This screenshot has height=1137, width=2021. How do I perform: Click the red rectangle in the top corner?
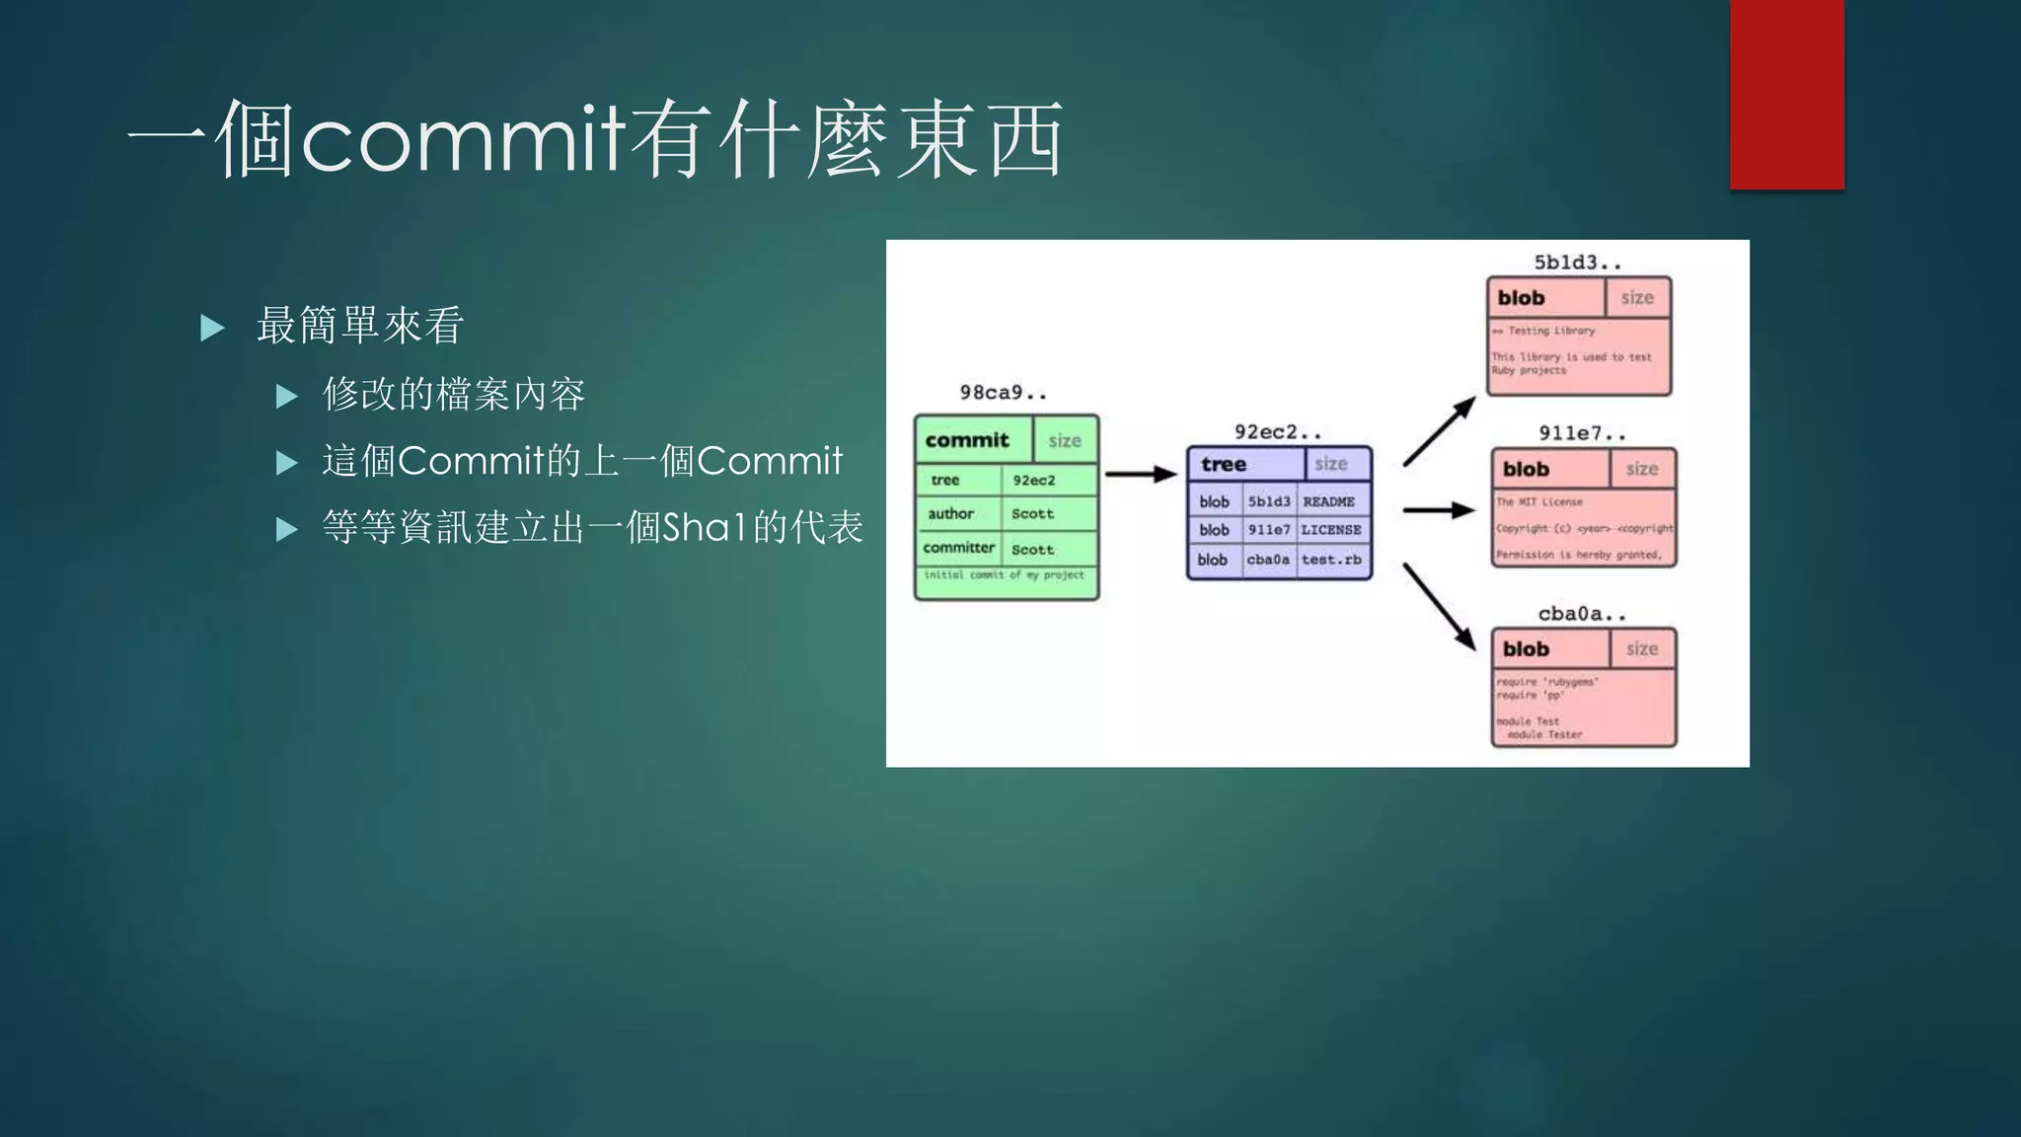[x=1786, y=94]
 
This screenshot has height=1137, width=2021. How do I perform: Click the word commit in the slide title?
[x=463, y=139]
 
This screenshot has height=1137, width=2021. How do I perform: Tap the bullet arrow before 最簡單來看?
[x=212, y=328]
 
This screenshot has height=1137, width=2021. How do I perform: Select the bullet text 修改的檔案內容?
[x=454, y=395]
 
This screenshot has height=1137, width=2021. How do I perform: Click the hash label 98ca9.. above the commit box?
[x=1003, y=393]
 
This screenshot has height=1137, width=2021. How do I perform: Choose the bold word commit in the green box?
[x=967, y=440]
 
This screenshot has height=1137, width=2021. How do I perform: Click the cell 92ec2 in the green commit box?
[x=1033, y=481]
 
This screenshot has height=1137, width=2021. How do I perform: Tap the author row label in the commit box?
[x=950, y=514]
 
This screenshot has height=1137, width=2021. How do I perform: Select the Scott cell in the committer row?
[x=1032, y=550]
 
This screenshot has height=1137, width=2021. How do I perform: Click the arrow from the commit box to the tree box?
[x=1140, y=475]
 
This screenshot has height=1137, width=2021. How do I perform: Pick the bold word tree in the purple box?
[x=1224, y=465]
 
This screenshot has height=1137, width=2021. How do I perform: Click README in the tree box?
[x=1328, y=502]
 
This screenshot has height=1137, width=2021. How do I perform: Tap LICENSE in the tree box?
[x=1330, y=530]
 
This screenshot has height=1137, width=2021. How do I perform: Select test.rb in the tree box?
[x=1330, y=560]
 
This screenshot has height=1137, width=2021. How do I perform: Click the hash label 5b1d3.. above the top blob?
[x=1577, y=263]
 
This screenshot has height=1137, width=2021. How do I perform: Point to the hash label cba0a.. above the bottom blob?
[x=1582, y=614]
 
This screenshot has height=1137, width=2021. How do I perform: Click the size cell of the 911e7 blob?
[x=1642, y=470]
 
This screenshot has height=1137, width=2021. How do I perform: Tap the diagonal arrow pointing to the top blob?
[x=1439, y=431]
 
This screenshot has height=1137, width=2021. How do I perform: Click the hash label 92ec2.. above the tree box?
[x=1277, y=432]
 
